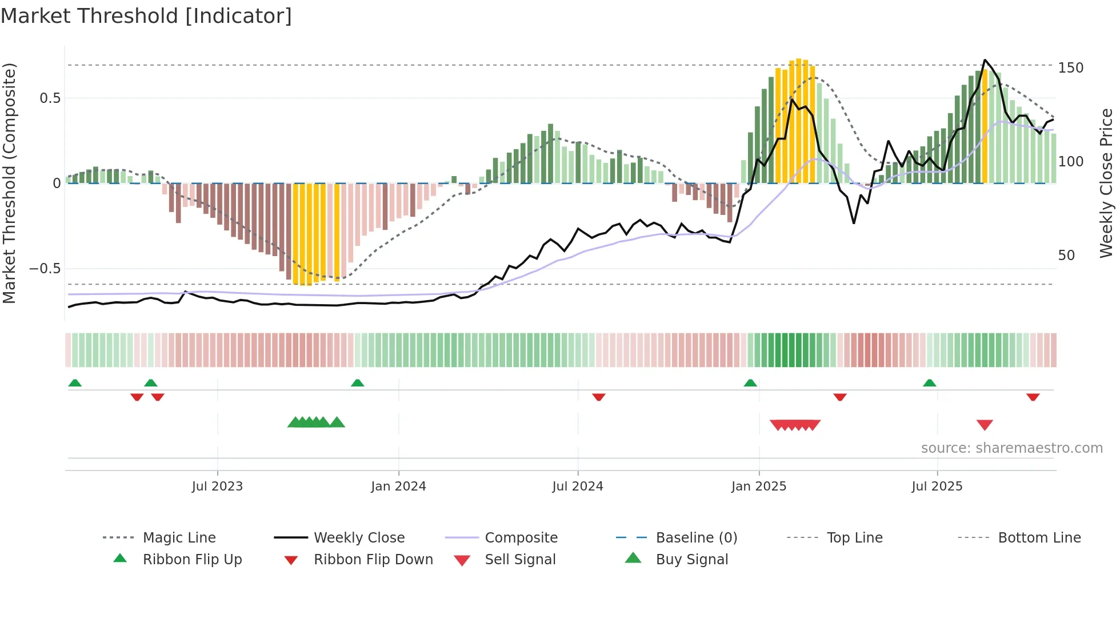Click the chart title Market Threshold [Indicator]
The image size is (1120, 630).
pos(146,16)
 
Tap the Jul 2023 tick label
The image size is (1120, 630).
pos(217,487)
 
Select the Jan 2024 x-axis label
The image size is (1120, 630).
pos(398,487)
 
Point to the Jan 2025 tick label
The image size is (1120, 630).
pos(759,487)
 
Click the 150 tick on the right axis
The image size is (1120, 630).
pos(1070,68)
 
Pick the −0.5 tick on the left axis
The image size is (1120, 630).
pos(45,269)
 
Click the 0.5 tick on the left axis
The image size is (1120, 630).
pos(50,98)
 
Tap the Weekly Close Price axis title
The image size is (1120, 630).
pos(1106,183)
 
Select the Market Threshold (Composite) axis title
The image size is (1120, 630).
pos(9,183)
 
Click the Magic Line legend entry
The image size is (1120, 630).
pos(179,538)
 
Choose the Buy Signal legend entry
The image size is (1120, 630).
pos(691,560)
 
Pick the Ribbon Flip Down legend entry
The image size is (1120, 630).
pos(373,560)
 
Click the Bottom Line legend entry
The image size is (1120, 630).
pos(1039,538)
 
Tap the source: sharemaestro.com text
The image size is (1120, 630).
pos(1011,448)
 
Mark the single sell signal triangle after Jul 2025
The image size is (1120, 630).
pos(985,425)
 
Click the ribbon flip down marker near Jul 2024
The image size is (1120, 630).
pos(599,397)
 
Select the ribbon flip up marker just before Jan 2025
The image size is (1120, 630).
pos(750,383)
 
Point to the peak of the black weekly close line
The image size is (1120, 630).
pos(985,60)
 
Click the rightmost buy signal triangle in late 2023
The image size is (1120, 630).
pos(337,422)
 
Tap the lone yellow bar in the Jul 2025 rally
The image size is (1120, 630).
pos(985,126)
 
